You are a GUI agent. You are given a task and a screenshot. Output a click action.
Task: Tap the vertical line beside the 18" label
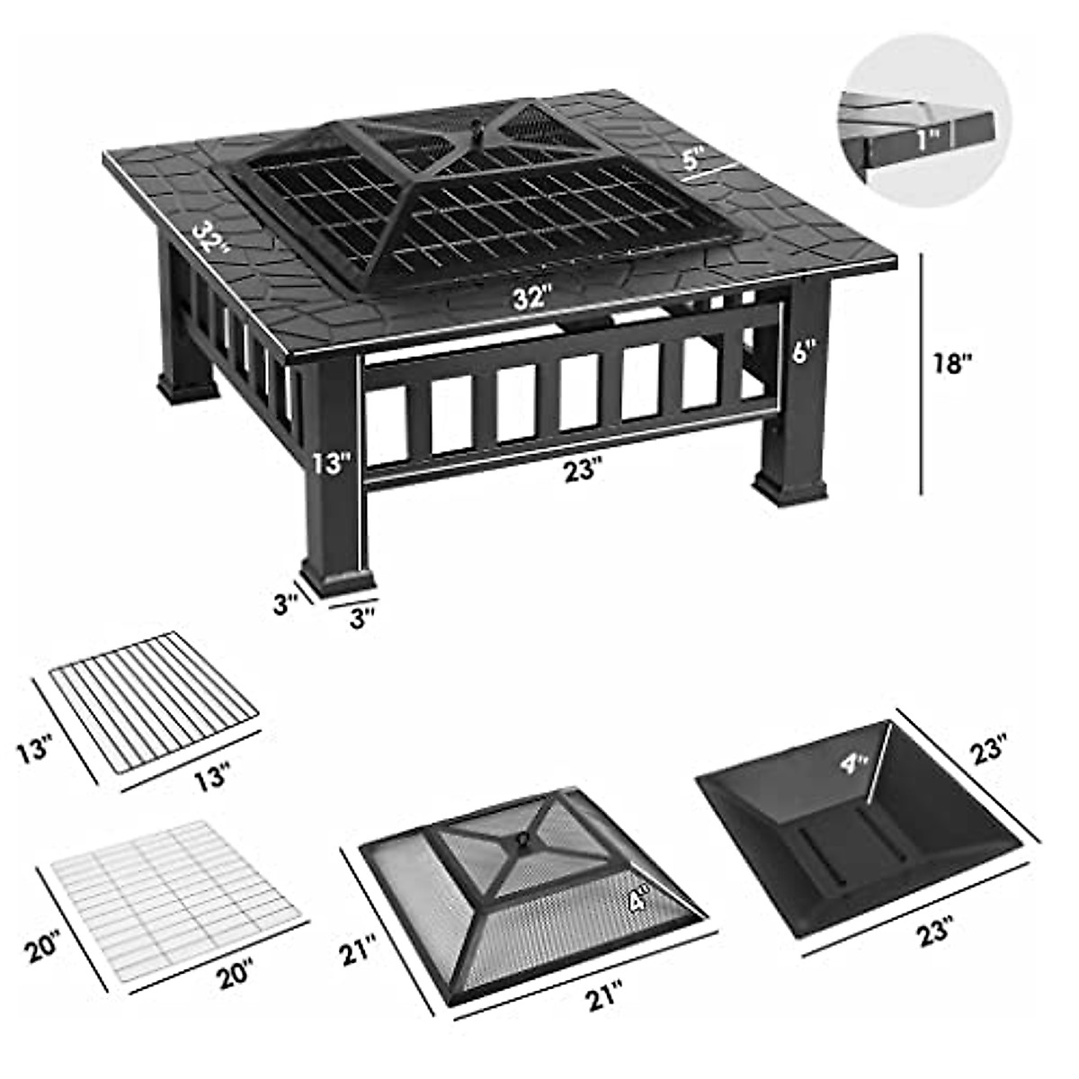tap(922, 373)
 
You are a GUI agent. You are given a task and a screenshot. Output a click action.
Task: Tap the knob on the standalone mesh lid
tap(522, 841)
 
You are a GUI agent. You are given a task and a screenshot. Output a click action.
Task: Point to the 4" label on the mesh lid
tap(640, 899)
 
